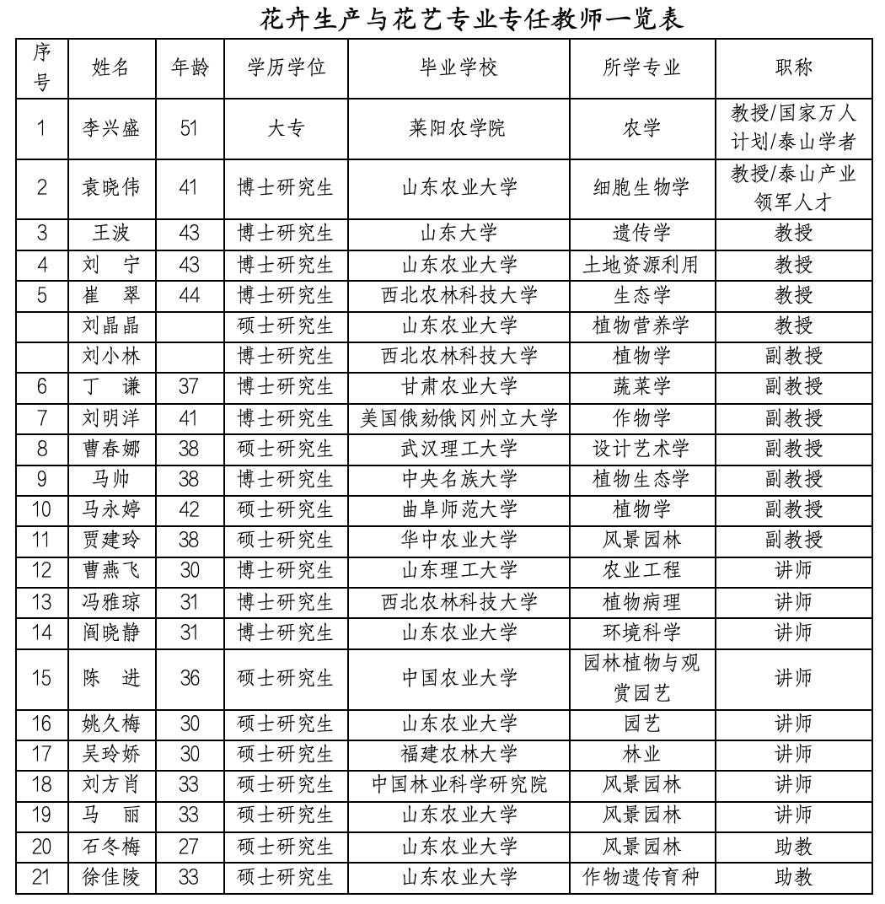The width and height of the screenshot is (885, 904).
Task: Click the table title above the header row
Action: pos(471,19)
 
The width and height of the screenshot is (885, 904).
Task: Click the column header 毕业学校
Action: pos(459,67)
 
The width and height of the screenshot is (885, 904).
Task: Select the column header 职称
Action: pos(793,67)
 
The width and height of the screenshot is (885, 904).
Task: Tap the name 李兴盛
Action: pos(110,128)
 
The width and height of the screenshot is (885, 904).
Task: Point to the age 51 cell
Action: pos(190,128)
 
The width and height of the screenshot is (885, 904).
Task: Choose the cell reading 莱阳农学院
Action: pos(459,128)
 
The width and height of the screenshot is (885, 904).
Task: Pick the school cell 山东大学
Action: pos(459,234)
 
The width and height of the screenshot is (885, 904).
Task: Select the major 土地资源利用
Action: pos(641,265)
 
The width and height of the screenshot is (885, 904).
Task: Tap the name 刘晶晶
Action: pos(110,326)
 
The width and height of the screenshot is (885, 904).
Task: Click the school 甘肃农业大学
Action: pos(459,387)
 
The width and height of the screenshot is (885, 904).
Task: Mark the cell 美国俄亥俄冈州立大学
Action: pos(459,418)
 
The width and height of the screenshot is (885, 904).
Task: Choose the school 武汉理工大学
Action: pos(459,449)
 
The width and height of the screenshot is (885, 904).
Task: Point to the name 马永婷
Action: pos(110,509)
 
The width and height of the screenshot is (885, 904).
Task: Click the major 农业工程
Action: pos(641,571)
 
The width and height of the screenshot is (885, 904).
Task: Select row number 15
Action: pos(41,678)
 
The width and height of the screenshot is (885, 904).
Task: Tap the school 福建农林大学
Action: pos(459,754)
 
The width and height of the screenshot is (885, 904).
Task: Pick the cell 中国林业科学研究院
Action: pos(459,785)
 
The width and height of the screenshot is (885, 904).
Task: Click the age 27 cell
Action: pos(190,846)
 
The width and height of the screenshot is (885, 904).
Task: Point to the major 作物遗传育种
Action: pos(641,877)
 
